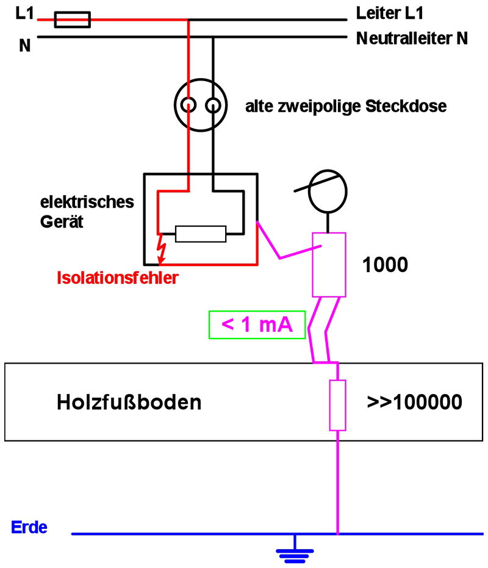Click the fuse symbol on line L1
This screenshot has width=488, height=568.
[x=73, y=20]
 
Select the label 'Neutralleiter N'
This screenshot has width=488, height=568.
[x=412, y=39]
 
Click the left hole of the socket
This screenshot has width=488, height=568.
[x=189, y=106]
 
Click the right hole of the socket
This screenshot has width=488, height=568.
[x=212, y=106]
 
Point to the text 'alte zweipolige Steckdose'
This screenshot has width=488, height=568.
[x=346, y=107]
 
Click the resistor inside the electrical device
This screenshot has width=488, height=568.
[x=201, y=234]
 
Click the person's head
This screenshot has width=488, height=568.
[x=329, y=190]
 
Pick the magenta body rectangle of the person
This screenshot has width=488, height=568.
[x=329, y=264]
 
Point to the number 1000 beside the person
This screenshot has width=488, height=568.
[x=385, y=265]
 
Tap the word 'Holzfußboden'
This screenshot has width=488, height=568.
[x=129, y=403]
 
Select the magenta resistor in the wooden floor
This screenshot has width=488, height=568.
[x=337, y=404]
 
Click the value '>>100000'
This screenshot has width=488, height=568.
[x=414, y=403]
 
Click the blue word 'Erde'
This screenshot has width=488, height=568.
[x=29, y=527]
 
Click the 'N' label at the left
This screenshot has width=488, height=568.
[x=24, y=45]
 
